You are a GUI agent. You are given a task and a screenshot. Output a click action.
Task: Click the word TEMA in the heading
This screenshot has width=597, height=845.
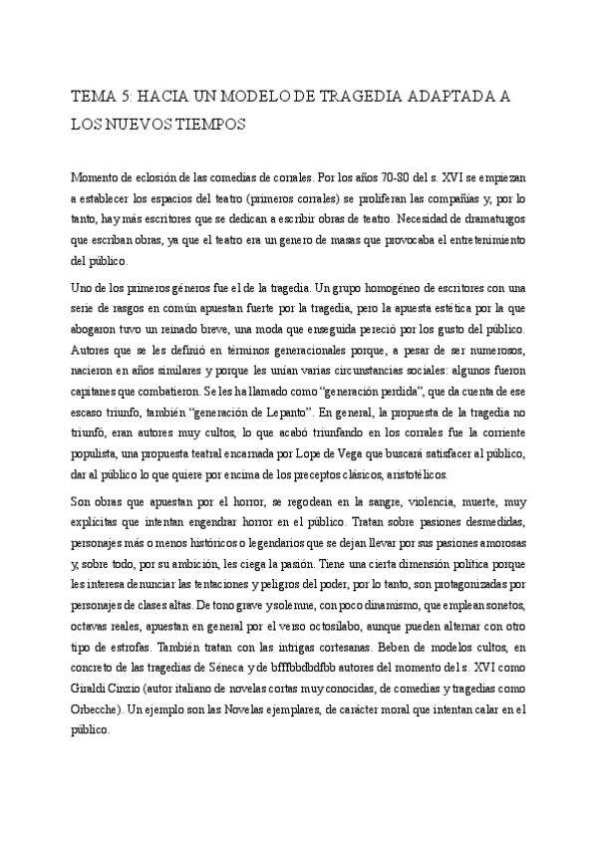click(x=92, y=97)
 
